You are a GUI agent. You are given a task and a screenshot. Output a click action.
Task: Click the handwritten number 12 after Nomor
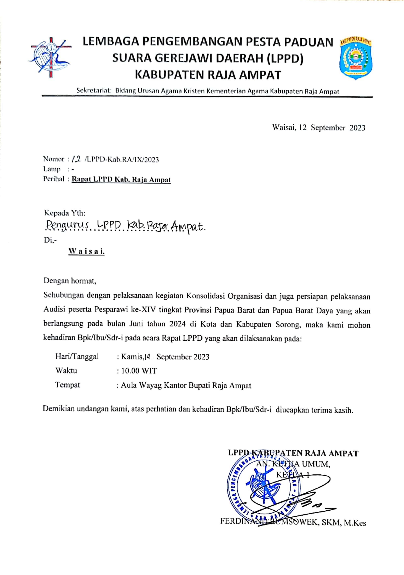[x=76, y=158]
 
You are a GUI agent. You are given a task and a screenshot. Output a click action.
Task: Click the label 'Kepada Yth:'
[x=65, y=213]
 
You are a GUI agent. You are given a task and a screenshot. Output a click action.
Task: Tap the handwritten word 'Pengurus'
[x=68, y=227]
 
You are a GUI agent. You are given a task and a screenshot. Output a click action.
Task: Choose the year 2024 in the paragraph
[x=177, y=324]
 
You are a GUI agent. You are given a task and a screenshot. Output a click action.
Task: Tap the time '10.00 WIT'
[x=139, y=371]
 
